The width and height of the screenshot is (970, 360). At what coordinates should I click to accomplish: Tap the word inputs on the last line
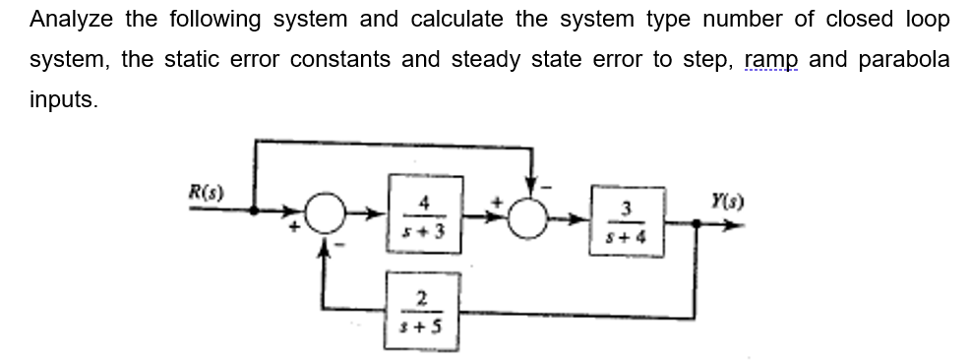[x=64, y=99]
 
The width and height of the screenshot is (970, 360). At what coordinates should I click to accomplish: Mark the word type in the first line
[x=564, y=20]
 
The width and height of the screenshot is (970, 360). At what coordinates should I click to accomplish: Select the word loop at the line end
[x=928, y=20]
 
